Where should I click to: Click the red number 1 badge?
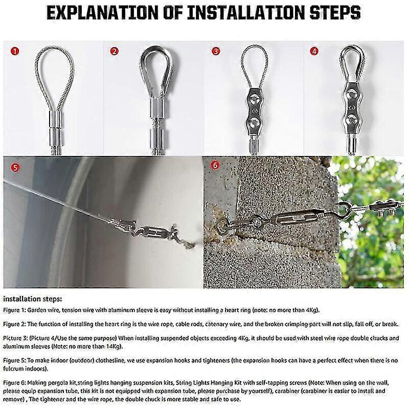pyautogui.click(x=16, y=51)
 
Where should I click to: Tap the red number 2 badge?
pyautogui.click(x=115, y=51)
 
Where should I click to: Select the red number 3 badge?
pyautogui.click(x=216, y=51)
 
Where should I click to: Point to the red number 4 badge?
pyautogui.click(x=314, y=51)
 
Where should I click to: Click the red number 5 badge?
pyautogui.click(x=15, y=167)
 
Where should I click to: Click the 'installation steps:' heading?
pyautogui.click(x=32, y=298)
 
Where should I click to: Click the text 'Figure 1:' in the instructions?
pyautogui.click(x=15, y=310)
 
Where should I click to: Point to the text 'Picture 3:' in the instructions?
pyautogui.click(x=17, y=338)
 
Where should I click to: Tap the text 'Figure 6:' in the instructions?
pyautogui.click(x=15, y=382)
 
